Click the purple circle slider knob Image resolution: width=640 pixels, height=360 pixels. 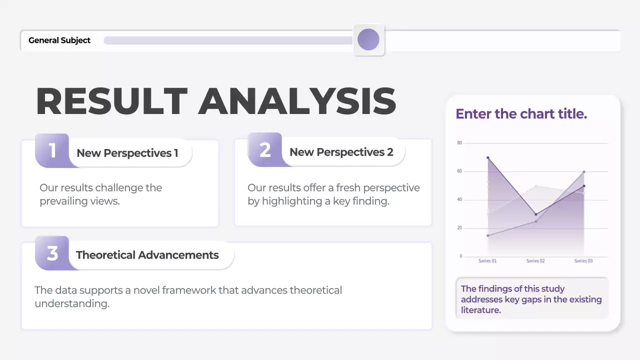368,39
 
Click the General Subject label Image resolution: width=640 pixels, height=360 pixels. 59,40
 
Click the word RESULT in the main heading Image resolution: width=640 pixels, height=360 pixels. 111,102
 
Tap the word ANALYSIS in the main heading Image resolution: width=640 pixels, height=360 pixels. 297,102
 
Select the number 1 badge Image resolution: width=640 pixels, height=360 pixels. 52,150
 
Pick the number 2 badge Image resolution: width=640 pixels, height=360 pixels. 265,150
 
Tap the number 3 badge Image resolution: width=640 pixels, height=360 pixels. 52,253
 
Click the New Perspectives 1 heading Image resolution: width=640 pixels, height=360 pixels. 127,153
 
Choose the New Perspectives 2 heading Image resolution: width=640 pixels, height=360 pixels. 341,152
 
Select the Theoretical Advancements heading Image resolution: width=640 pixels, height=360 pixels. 147,255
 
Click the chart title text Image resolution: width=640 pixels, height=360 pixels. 521,114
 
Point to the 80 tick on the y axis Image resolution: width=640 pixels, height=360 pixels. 459,143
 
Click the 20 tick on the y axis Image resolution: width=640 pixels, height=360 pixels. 459,228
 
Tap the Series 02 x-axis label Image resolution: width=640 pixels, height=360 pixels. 535,261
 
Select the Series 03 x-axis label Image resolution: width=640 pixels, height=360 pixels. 583,261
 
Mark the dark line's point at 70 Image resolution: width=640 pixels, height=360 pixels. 488,157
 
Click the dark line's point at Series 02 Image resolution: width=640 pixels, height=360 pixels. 536,214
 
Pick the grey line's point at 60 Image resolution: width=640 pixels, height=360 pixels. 584,171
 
